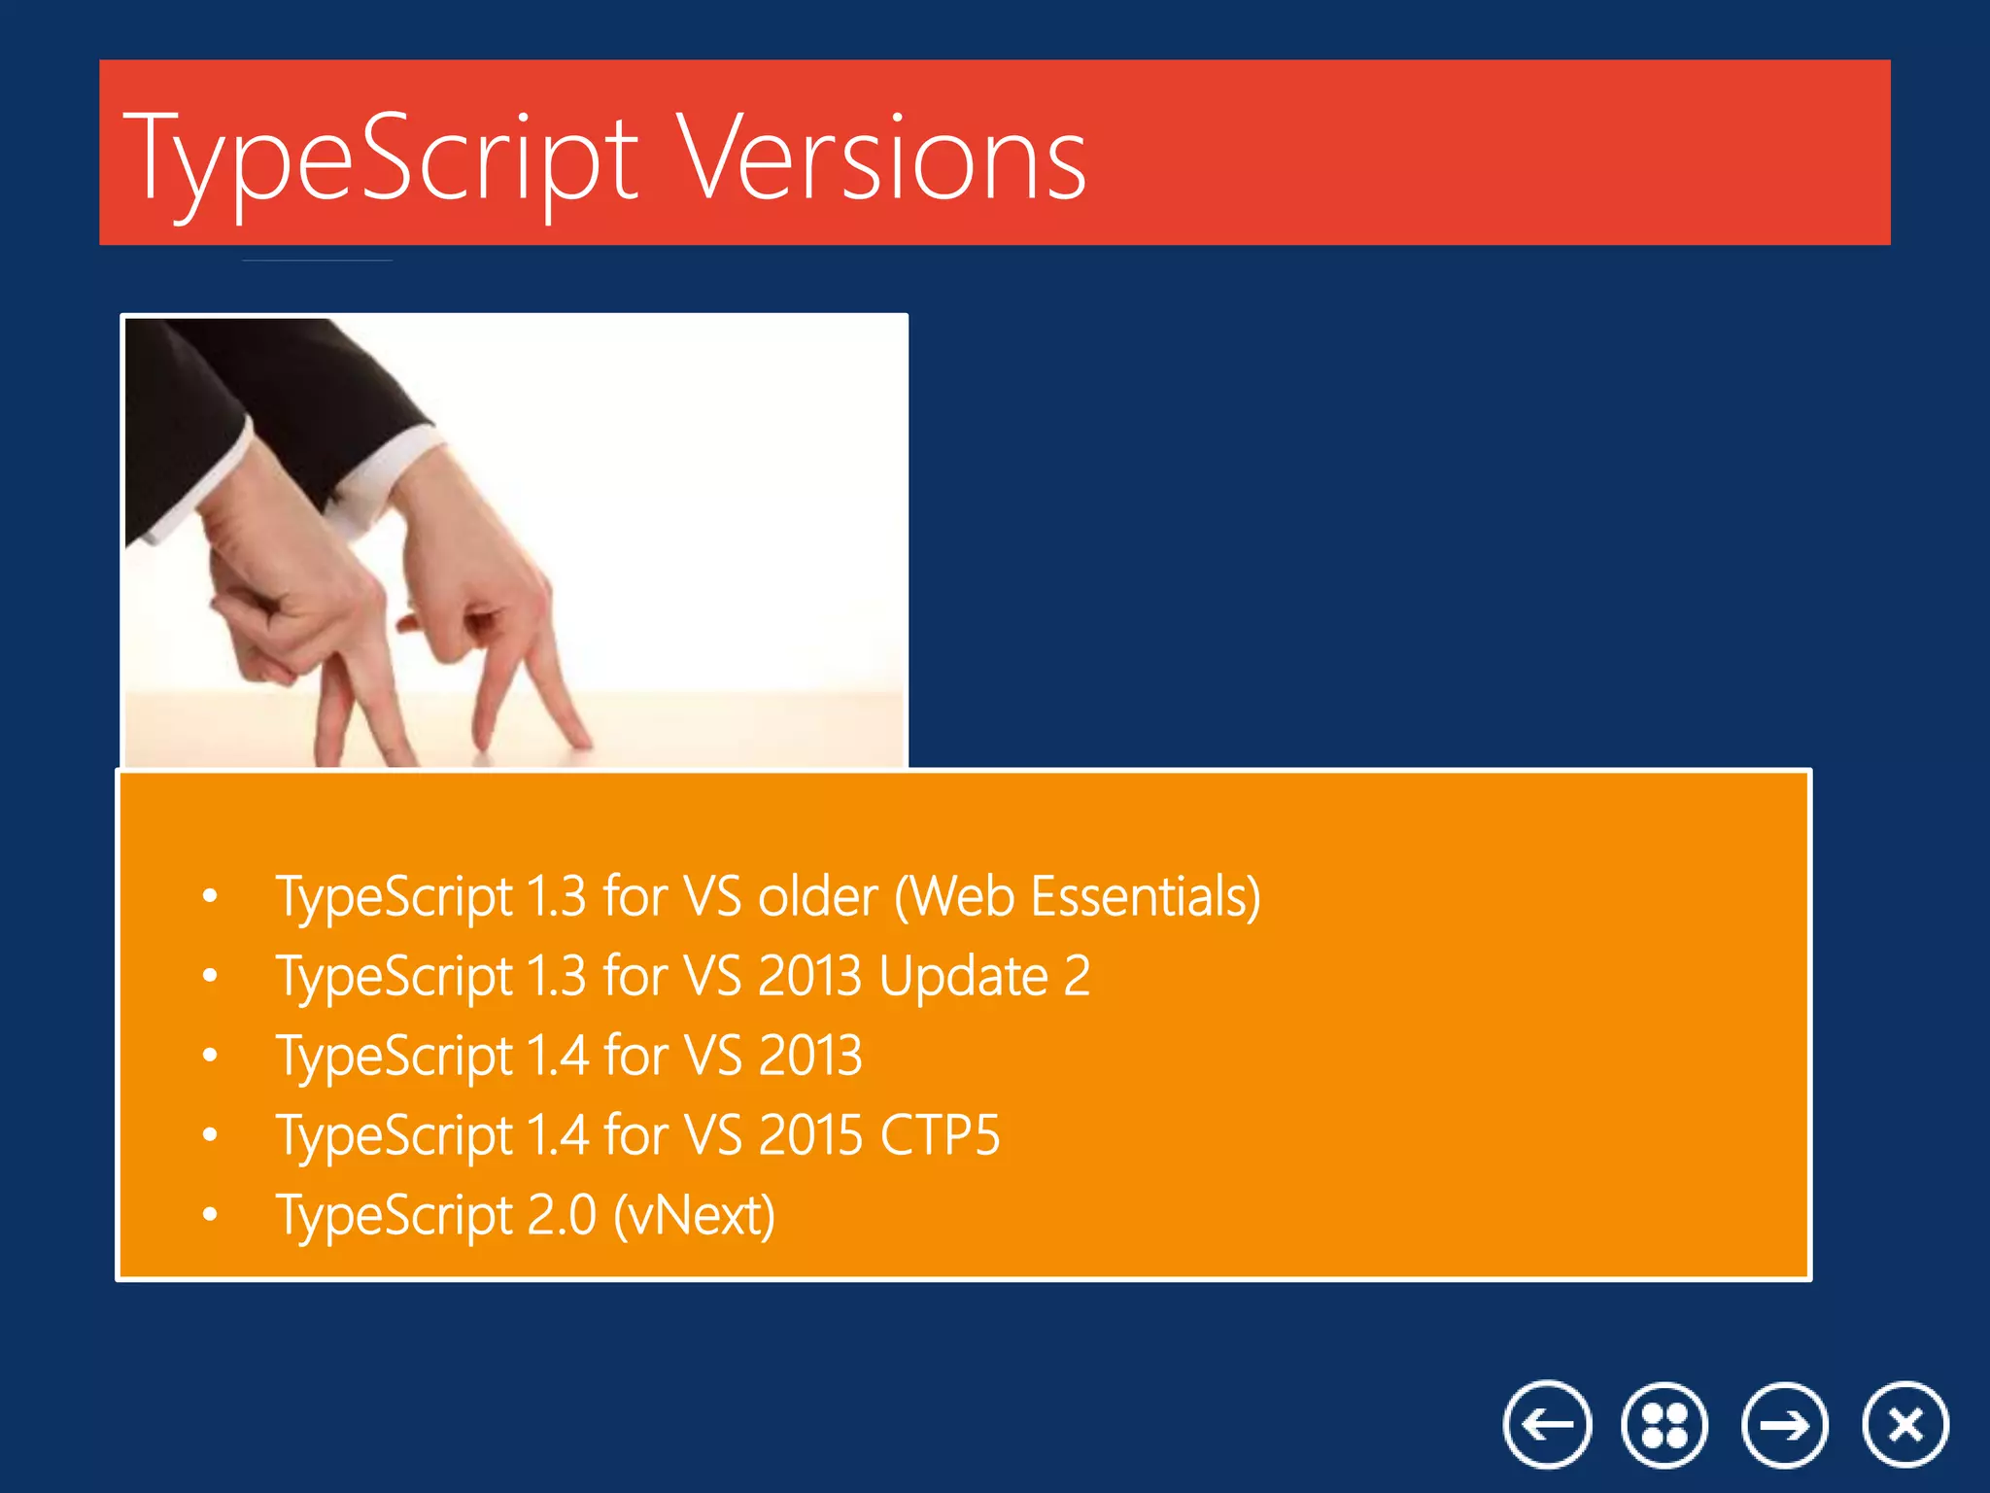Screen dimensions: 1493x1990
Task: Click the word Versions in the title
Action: tap(881, 157)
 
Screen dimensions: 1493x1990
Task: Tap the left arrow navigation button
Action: tap(1547, 1425)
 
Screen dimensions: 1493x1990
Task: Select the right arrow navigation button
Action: tap(1785, 1425)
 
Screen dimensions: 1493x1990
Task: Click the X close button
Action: tap(1905, 1425)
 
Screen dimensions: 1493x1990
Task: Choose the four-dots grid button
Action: tap(1664, 1425)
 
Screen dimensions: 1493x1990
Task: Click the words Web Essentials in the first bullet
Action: tap(1077, 895)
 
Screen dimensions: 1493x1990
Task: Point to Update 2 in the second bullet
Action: tap(983, 975)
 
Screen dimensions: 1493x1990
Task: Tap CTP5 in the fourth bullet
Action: tap(939, 1134)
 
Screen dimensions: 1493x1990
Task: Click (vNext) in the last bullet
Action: tap(694, 1215)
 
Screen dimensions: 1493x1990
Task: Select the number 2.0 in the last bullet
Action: tap(561, 1215)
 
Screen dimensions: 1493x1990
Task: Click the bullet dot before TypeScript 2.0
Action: tap(210, 1214)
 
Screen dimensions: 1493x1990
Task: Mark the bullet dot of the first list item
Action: tap(210, 896)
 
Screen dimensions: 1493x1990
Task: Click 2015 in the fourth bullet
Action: tap(809, 1134)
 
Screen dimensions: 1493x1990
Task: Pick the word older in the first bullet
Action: tap(817, 895)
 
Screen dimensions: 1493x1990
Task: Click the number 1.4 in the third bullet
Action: tap(557, 1055)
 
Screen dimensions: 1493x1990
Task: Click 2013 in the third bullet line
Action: tap(809, 1055)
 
